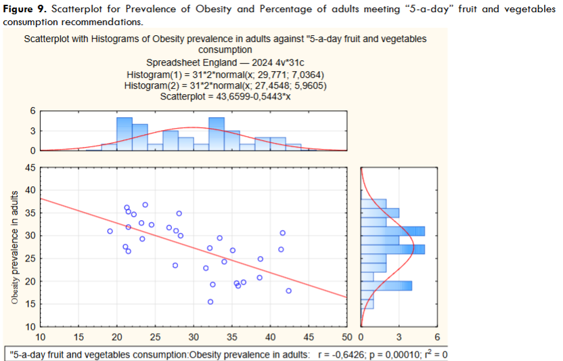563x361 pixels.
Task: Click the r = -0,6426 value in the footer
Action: [346, 354]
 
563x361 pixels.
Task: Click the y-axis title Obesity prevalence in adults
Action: [14, 247]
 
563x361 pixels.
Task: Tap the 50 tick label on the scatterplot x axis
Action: [347, 337]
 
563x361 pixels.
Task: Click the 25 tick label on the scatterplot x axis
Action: [155, 337]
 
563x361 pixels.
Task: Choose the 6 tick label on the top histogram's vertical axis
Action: [32, 111]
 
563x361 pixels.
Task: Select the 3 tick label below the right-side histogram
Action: [399, 337]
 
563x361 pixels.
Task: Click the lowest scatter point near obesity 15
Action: [210, 301]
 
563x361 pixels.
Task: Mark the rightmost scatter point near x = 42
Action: [289, 291]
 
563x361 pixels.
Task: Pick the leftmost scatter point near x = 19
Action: [110, 231]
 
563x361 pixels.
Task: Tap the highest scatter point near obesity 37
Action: [145, 205]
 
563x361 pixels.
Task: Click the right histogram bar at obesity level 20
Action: [386, 285]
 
